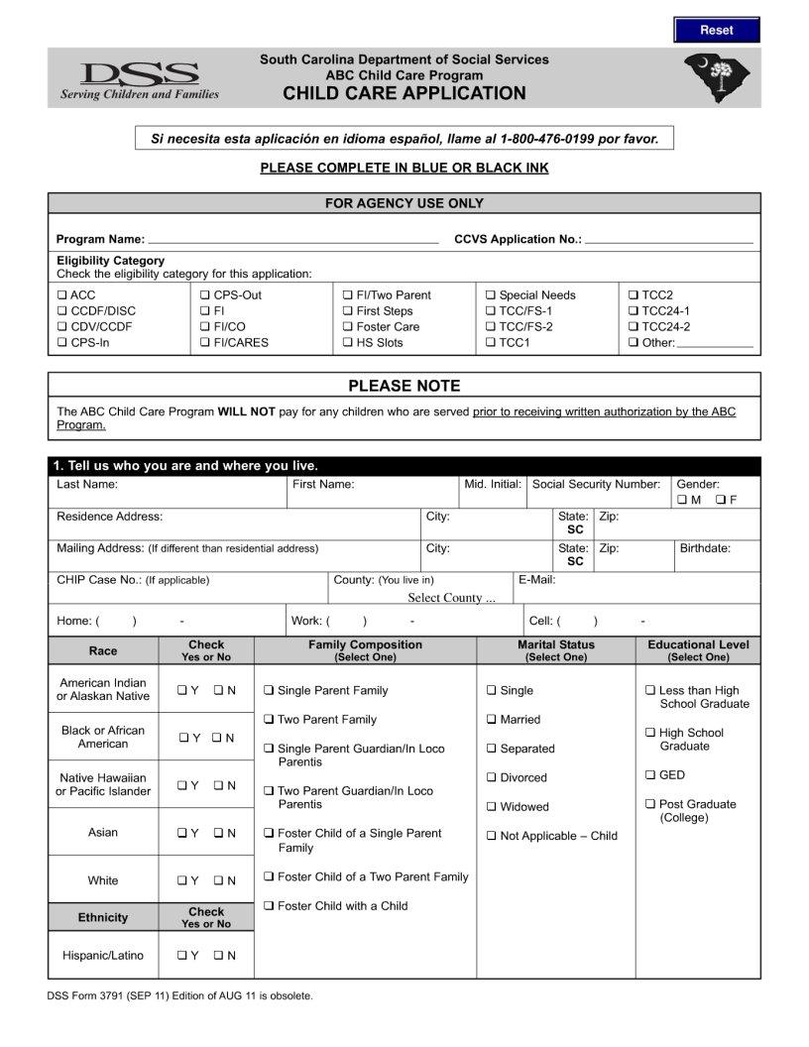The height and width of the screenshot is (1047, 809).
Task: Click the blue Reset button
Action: pos(716,30)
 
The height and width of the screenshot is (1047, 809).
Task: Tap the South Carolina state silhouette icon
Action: pos(717,77)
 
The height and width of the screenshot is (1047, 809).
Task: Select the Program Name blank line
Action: pos(292,240)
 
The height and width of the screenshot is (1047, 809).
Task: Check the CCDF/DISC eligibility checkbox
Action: pos(61,311)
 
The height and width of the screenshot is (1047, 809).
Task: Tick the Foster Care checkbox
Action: pos(348,327)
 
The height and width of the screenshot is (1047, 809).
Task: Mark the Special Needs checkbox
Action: pos(491,295)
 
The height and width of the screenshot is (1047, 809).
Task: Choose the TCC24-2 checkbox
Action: pos(634,327)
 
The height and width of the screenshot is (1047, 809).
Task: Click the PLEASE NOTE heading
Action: pos(404,386)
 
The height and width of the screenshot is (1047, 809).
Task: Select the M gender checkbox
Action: pos(682,500)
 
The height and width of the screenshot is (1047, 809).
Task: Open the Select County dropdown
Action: pos(451,598)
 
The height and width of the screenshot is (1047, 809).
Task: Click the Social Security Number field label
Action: pos(596,485)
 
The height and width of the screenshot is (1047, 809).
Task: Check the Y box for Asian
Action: pos(182,834)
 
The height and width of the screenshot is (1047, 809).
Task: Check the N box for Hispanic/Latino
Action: pos(218,957)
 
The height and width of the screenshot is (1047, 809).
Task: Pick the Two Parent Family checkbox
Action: pos(269,720)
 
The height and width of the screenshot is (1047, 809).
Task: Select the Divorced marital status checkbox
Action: pos(492,778)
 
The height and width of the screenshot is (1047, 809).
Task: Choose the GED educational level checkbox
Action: pos(650,775)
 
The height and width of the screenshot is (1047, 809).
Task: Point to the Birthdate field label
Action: pos(704,548)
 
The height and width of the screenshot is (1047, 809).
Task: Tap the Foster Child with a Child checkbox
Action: pos(269,906)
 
